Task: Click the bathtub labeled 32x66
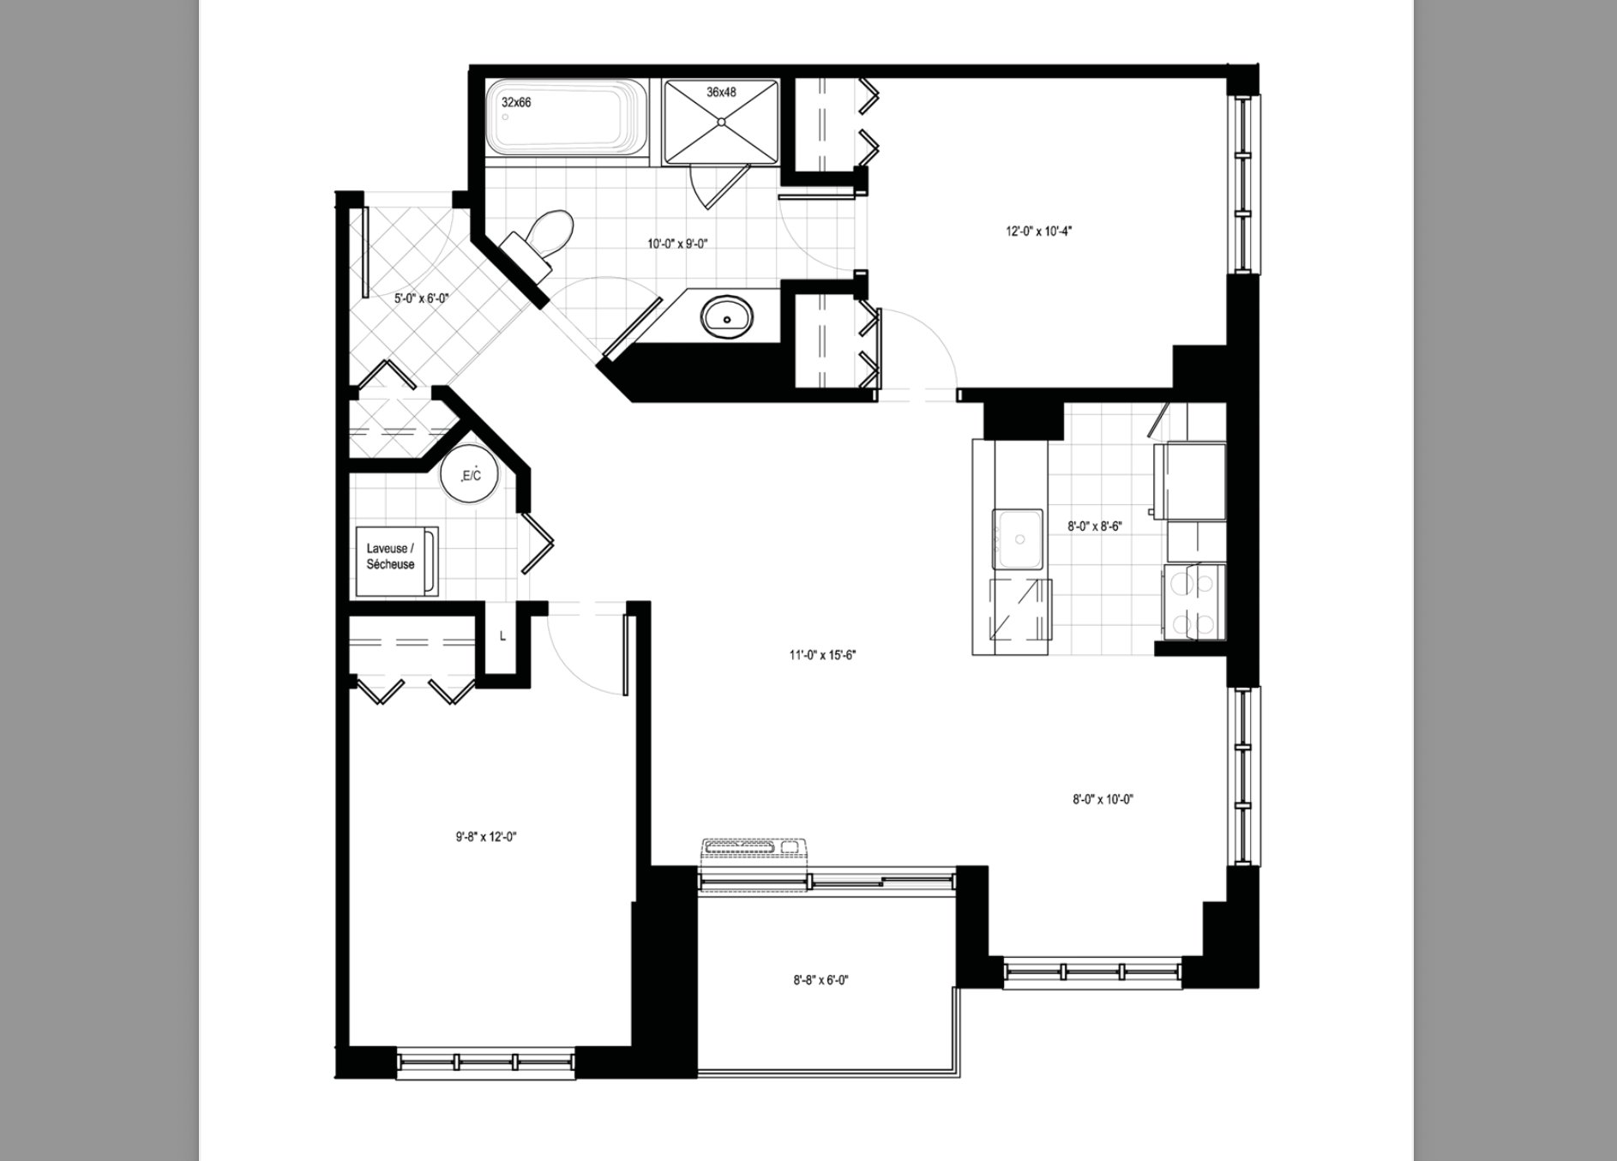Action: tap(568, 119)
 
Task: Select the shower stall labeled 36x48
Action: tap(722, 121)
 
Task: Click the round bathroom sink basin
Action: tap(727, 316)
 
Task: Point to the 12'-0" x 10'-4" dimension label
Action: tap(1040, 231)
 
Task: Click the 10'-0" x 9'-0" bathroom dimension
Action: tap(677, 244)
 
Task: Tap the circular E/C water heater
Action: tap(470, 474)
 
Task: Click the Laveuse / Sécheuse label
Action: tap(390, 556)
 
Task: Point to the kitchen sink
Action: tap(1020, 538)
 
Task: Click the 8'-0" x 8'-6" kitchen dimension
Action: tap(1095, 527)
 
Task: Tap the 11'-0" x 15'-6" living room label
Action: tap(824, 656)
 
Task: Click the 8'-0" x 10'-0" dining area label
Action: tap(1103, 800)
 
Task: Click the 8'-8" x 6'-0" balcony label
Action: tap(821, 980)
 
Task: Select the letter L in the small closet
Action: tap(502, 637)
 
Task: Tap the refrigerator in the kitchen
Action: tap(1191, 481)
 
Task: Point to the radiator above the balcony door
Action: tap(754, 846)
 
